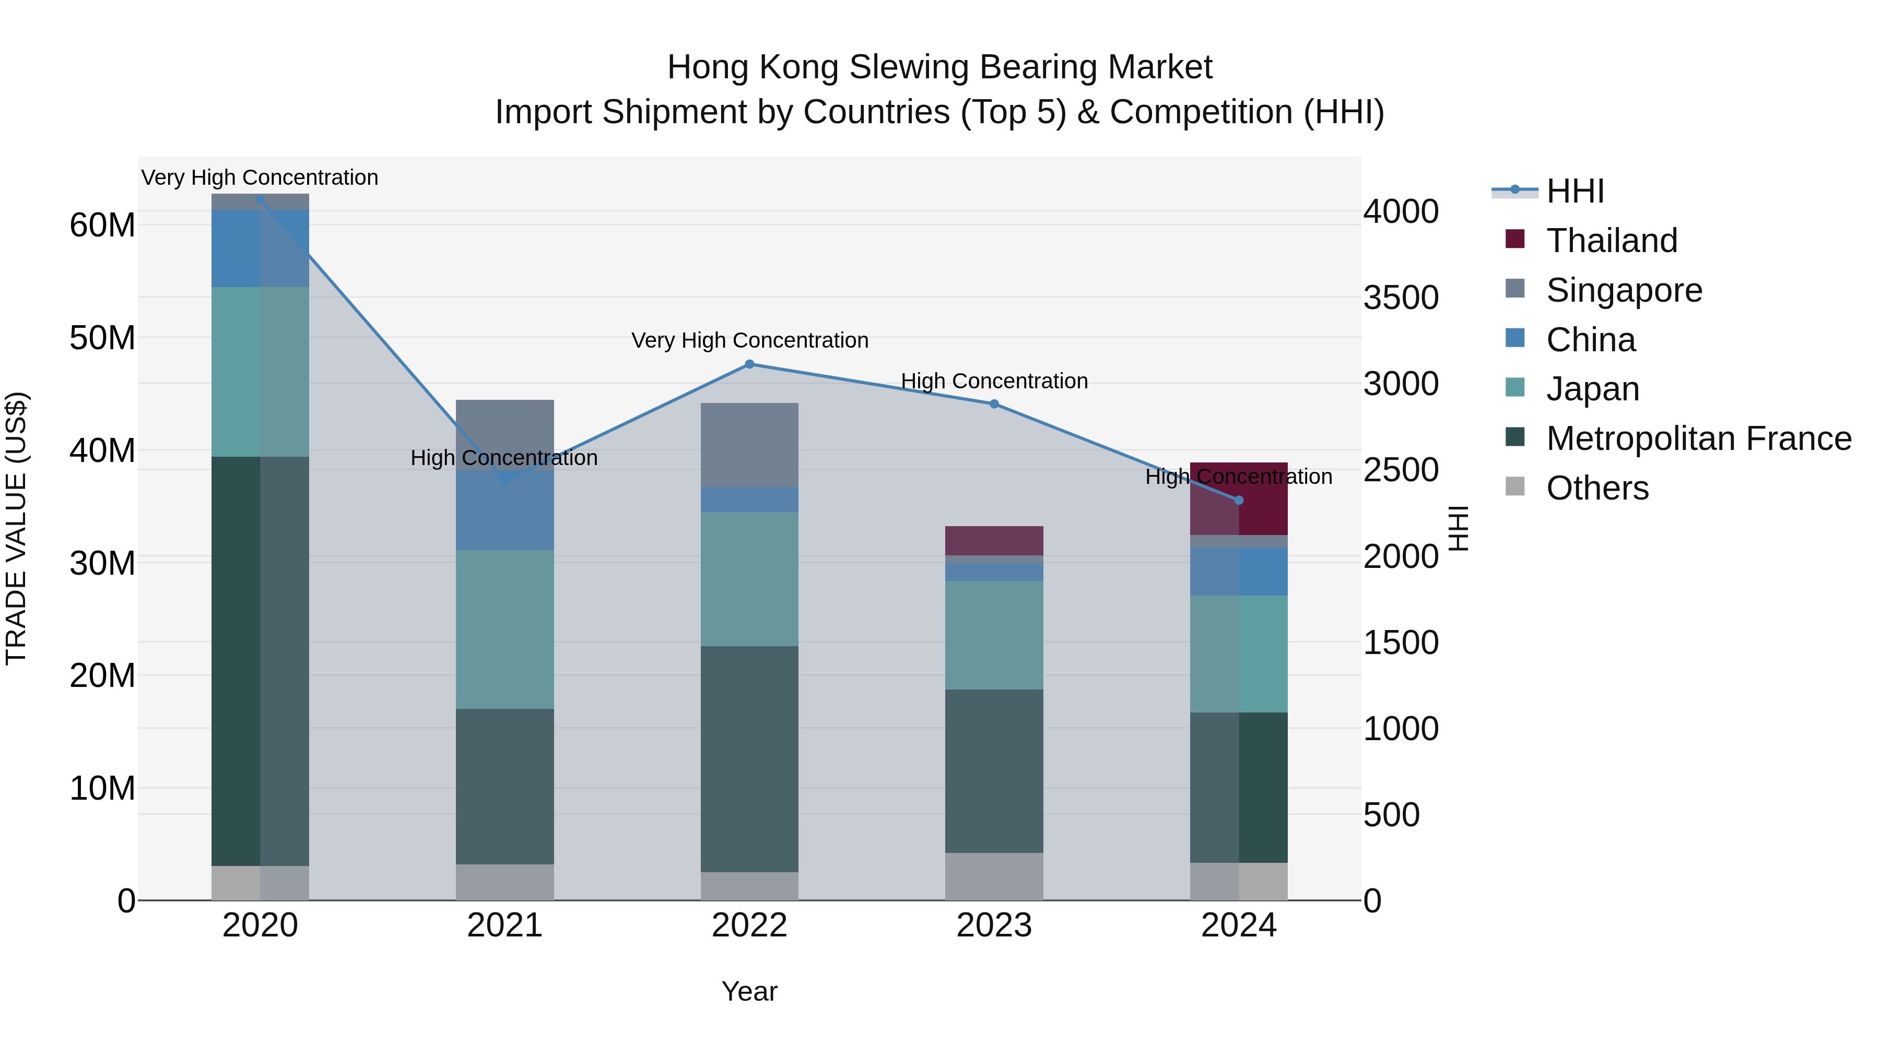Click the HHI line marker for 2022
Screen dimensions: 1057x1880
749,364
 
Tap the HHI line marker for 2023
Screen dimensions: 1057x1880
994,403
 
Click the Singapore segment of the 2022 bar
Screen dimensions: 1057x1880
749,445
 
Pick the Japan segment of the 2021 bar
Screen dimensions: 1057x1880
504,629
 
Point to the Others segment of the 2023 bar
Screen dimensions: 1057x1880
994,876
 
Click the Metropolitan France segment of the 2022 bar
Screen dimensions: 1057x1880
749,758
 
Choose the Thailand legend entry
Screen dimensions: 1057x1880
1612,241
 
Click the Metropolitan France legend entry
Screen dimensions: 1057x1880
1698,438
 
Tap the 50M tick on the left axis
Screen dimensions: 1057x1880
102,338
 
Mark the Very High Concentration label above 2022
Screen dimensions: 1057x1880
749,341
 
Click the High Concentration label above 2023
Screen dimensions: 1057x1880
994,381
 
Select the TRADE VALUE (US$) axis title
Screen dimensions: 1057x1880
16,528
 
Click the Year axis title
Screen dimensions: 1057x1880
749,991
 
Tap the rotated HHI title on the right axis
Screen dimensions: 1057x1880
1458,528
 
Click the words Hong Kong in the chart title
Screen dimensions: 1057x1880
753,67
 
